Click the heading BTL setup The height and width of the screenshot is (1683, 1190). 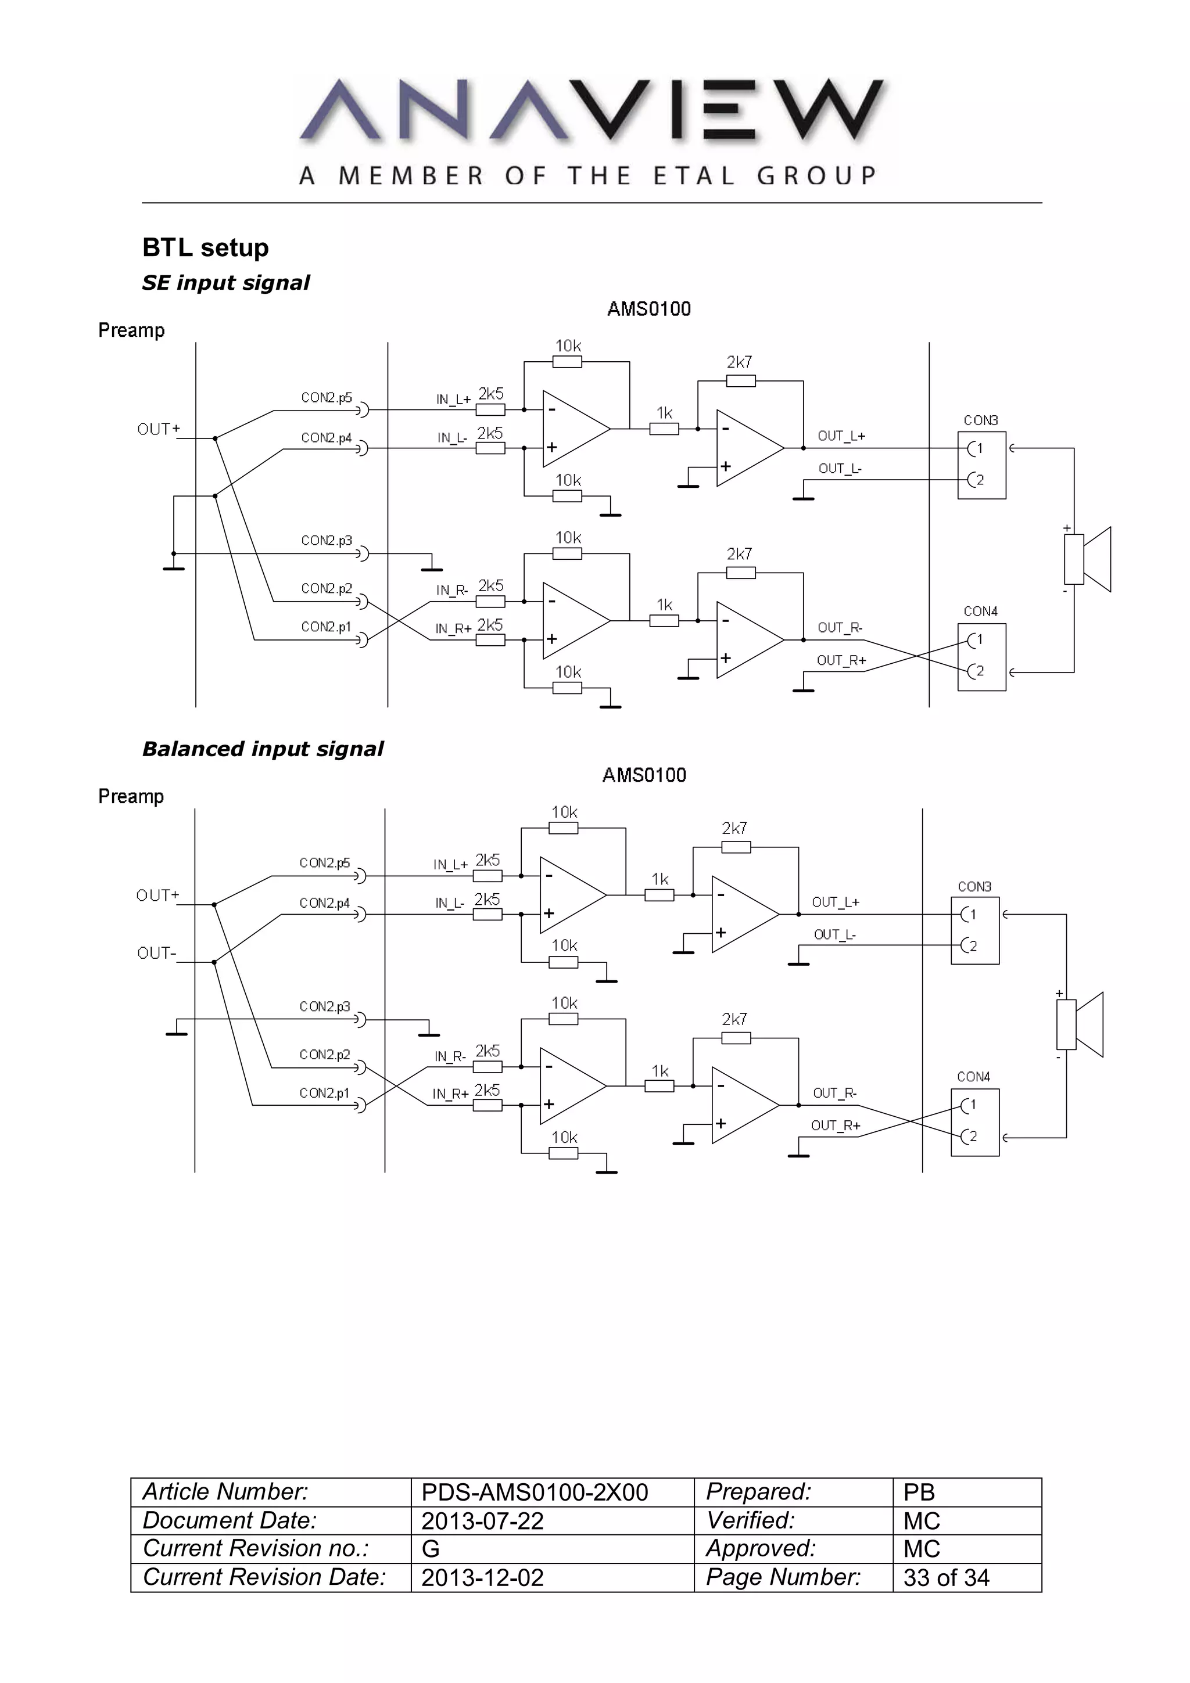click(205, 248)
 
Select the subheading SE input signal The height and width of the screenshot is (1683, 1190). click(226, 283)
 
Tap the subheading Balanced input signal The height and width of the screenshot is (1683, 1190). click(263, 749)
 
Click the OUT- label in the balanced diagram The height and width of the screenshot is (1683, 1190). click(156, 953)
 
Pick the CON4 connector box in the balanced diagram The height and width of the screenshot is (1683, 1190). click(974, 1122)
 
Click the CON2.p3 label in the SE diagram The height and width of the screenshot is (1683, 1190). click(327, 540)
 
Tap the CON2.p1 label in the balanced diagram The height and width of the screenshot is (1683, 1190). click(325, 1093)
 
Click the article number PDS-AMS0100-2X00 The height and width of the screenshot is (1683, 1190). click(535, 1493)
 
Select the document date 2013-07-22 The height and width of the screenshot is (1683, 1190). click(482, 1521)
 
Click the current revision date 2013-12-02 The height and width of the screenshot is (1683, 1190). click(482, 1577)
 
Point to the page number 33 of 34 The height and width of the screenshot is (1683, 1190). click(946, 1577)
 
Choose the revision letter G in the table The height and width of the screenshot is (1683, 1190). click(431, 1549)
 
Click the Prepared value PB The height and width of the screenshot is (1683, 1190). click(919, 1493)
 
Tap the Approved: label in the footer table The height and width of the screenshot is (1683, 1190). click(761, 1548)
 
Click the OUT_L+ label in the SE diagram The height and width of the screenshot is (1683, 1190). click(841, 436)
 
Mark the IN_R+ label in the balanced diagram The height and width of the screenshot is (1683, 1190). click(450, 1094)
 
